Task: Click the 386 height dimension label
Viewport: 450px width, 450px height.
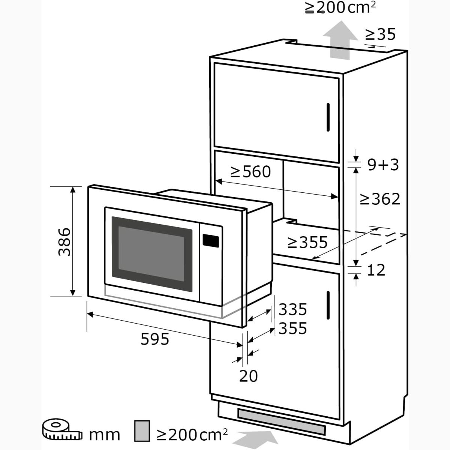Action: click(x=64, y=242)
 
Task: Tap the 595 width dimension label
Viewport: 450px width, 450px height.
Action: click(x=155, y=339)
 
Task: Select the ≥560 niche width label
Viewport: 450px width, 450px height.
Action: click(x=250, y=172)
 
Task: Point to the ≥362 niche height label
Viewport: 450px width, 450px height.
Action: click(x=380, y=199)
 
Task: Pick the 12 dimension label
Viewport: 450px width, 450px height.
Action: click(x=376, y=270)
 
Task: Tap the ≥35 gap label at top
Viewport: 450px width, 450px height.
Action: click(x=380, y=34)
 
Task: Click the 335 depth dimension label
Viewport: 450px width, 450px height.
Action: click(x=293, y=309)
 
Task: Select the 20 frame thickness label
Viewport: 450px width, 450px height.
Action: click(x=249, y=376)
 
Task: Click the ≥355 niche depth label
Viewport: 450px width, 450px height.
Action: click(x=307, y=242)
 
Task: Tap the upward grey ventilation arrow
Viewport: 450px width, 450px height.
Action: click(x=340, y=40)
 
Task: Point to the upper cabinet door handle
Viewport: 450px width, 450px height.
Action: click(x=328, y=117)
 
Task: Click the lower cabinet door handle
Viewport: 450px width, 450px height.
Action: click(x=328, y=305)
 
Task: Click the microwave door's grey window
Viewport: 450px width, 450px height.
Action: click(x=152, y=254)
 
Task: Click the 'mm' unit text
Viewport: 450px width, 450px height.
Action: click(x=105, y=435)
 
